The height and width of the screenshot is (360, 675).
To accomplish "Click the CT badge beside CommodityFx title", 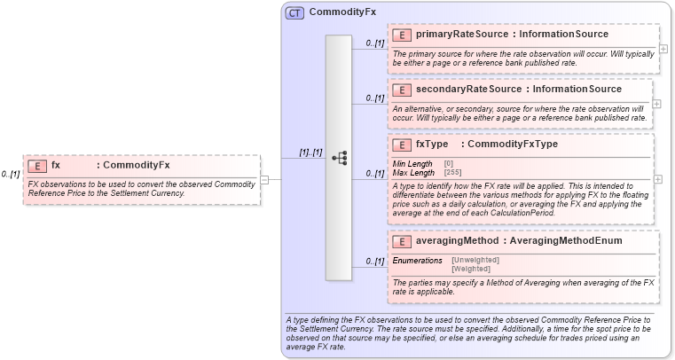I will click(294, 12).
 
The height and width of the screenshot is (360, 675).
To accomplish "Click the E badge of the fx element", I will click(37, 165).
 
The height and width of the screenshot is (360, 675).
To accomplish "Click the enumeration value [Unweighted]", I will click(475, 260).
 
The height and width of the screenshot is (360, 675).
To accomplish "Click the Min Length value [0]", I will click(448, 163).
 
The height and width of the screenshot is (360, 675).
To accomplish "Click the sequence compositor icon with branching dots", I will click(339, 157).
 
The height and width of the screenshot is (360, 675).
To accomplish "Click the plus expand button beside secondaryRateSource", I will click(656, 104).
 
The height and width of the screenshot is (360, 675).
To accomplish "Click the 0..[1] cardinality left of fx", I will click(11, 175).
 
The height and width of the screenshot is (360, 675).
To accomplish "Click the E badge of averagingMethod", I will click(401, 240).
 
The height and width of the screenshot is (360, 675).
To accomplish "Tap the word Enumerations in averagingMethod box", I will click(417, 260).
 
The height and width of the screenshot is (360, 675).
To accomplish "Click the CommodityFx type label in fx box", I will click(137, 165).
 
